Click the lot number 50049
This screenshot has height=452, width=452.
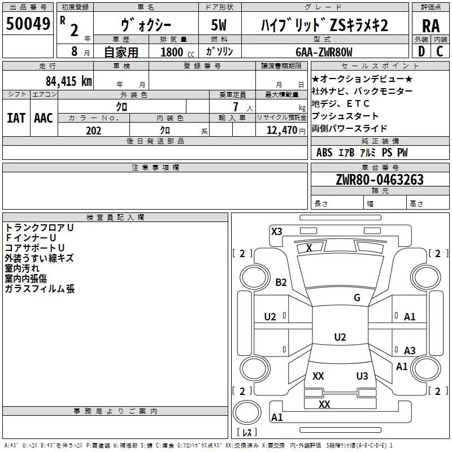(28, 24)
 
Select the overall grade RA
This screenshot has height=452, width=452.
(431, 25)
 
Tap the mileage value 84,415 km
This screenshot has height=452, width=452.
(68, 81)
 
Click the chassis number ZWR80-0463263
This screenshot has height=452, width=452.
(379, 180)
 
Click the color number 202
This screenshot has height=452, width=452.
(93, 131)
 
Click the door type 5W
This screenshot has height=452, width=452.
(219, 25)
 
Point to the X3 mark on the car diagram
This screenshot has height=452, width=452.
(277, 231)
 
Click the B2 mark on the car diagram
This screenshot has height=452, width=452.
(281, 282)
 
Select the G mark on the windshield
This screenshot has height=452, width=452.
(357, 298)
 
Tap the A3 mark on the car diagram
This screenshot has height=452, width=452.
(410, 351)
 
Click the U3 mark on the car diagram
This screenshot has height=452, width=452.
(362, 376)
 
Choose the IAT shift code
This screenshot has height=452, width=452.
(16, 118)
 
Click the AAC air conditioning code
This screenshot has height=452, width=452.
(43, 118)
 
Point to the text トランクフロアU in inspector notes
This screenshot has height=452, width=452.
(39, 227)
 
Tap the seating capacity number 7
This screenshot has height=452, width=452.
(234, 106)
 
